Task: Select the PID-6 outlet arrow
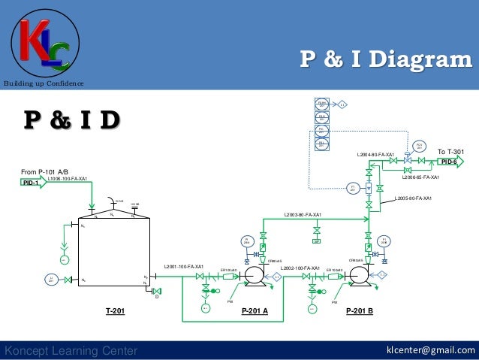[x=450, y=162]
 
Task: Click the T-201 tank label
[x=115, y=310]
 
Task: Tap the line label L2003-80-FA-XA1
[x=303, y=215]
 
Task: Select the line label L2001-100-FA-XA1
[x=184, y=266]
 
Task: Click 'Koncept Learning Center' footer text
[x=71, y=350]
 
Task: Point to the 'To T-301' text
[x=450, y=152]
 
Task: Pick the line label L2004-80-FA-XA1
[x=375, y=155]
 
